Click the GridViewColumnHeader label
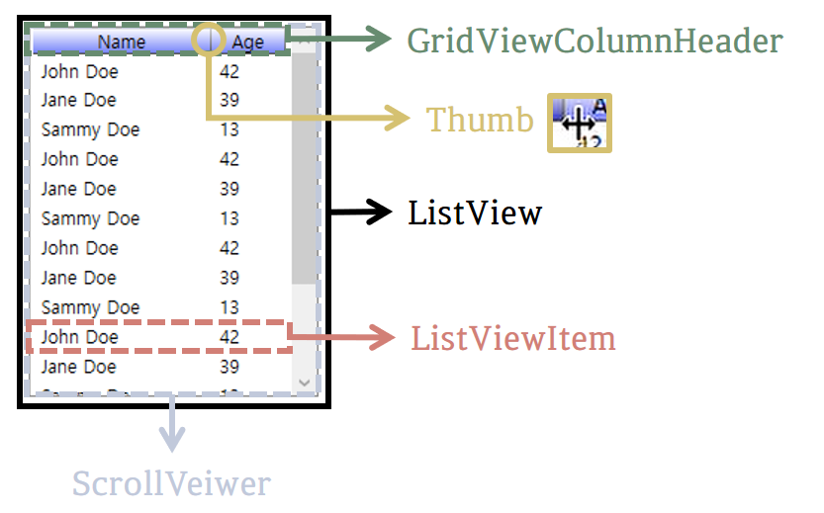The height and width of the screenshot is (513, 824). click(595, 42)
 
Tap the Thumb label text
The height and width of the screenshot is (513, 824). click(480, 120)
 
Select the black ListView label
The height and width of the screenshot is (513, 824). click(475, 213)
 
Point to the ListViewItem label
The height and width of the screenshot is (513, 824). click(513, 338)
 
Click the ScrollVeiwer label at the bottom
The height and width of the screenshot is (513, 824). click(171, 484)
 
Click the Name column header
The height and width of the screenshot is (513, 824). click(121, 42)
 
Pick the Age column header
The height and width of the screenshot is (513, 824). click(248, 42)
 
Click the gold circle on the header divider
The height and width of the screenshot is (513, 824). click(208, 40)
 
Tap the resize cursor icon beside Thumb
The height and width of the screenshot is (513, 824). click(580, 124)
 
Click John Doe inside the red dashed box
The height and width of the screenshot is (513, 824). click(79, 337)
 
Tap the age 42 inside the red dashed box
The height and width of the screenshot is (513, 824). click(229, 337)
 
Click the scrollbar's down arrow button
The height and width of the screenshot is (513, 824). click(305, 382)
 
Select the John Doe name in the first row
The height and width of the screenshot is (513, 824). click(79, 71)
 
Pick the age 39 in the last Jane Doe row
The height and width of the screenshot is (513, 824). click(229, 367)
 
